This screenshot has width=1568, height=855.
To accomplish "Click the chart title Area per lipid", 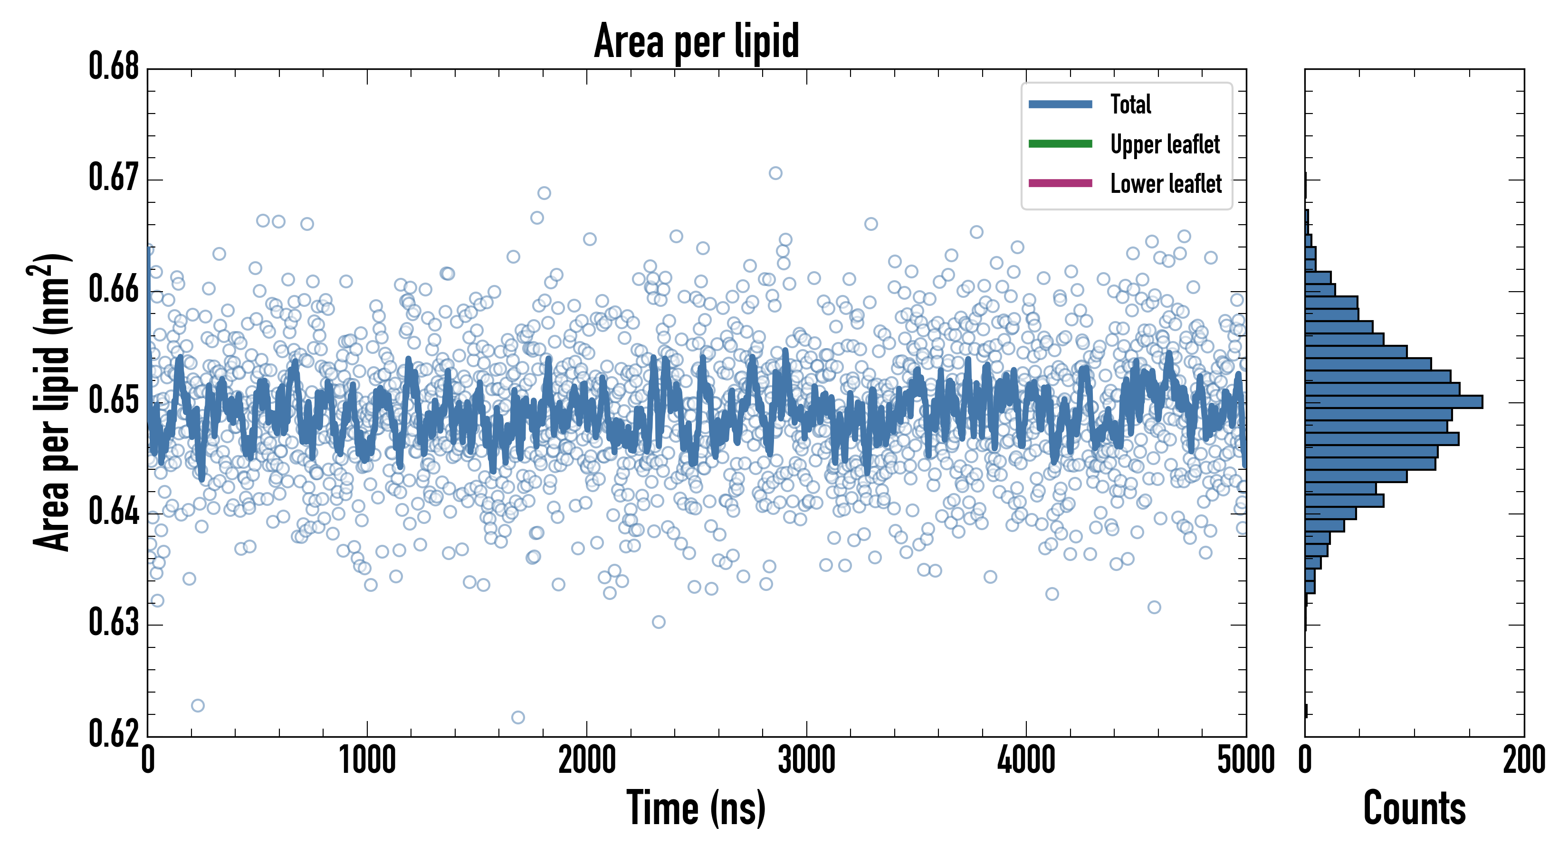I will click(697, 41).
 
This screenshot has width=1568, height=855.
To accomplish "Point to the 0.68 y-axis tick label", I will click(114, 66).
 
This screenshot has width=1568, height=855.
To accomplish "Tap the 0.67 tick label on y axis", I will click(114, 178).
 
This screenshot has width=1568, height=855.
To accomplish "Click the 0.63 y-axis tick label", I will click(114, 623).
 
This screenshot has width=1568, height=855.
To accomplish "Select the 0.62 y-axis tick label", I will click(114, 733).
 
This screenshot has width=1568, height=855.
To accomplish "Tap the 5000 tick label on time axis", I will click(1245, 760).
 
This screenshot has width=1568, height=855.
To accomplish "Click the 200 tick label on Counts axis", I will click(1523, 760).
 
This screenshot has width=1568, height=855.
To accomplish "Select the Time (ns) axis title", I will click(697, 808).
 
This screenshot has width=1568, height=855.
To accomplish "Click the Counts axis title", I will click(1414, 808).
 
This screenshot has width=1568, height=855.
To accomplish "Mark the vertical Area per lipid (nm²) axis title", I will click(52, 402).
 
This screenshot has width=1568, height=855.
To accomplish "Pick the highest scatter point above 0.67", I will click(775, 173).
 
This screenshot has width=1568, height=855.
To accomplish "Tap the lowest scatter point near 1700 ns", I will click(518, 717).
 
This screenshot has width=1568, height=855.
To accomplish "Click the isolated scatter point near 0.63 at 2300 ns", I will click(659, 622).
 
